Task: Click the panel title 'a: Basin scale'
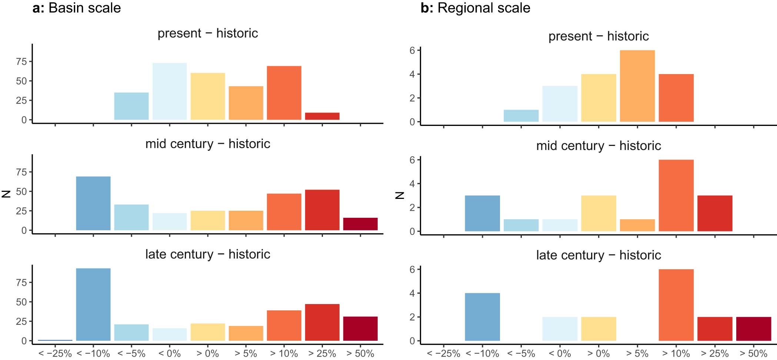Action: [x=77, y=8]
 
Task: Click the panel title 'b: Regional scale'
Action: [x=475, y=8]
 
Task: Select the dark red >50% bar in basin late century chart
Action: [x=360, y=329]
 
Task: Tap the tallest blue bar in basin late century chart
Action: [x=93, y=304]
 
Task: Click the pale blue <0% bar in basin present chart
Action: [x=170, y=91]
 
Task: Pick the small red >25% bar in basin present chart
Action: [x=322, y=116]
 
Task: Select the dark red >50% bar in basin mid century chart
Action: [x=360, y=224]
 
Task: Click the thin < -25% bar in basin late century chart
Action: [x=55, y=340]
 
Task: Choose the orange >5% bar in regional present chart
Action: [x=637, y=86]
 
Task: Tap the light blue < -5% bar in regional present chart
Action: [x=521, y=116]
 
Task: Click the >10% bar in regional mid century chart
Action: [x=676, y=196]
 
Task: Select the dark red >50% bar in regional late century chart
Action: [x=753, y=329]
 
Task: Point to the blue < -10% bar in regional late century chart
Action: [x=482, y=317]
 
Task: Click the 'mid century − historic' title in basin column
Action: [x=207, y=144]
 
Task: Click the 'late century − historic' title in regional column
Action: [x=598, y=255]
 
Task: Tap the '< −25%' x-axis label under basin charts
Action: [x=55, y=353]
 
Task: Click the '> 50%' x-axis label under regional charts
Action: [x=753, y=353]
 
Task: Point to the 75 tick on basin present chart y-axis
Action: [x=21, y=61]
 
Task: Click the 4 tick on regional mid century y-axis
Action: [x=412, y=184]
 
